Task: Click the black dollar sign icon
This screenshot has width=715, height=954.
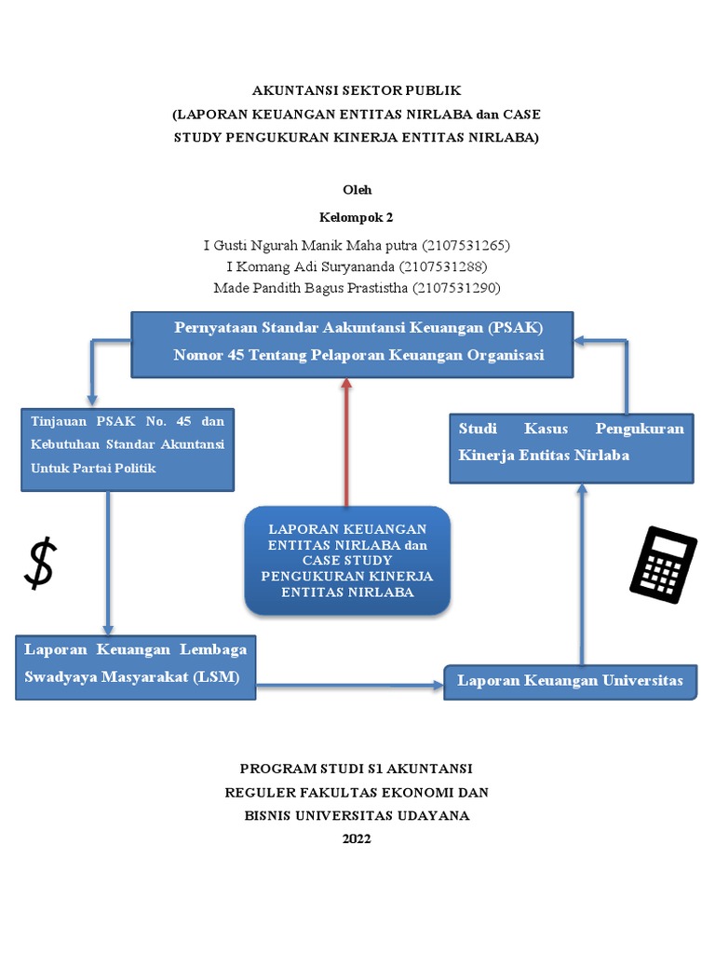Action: tap(39, 564)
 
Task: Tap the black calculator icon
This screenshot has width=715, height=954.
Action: tap(663, 565)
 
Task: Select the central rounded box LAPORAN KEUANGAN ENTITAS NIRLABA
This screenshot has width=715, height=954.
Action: tap(347, 560)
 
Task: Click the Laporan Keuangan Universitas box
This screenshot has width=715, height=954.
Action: tap(570, 681)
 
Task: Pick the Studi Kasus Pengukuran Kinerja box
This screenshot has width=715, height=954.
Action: tap(571, 448)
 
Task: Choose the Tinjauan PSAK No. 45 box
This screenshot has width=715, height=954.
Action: tap(128, 449)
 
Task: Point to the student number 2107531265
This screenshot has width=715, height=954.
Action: tap(465, 245)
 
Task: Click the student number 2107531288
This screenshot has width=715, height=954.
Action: tap(448, 266)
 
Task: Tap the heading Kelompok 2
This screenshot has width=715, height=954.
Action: tap(357, 217)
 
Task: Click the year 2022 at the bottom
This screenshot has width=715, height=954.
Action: tap(357, 838)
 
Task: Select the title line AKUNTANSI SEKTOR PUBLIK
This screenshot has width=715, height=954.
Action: tap(357, 90)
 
